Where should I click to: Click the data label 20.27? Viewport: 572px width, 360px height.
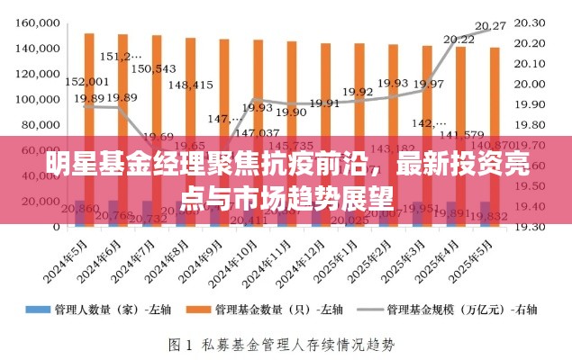click(490, 25)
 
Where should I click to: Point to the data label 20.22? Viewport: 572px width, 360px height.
click(459, 39)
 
